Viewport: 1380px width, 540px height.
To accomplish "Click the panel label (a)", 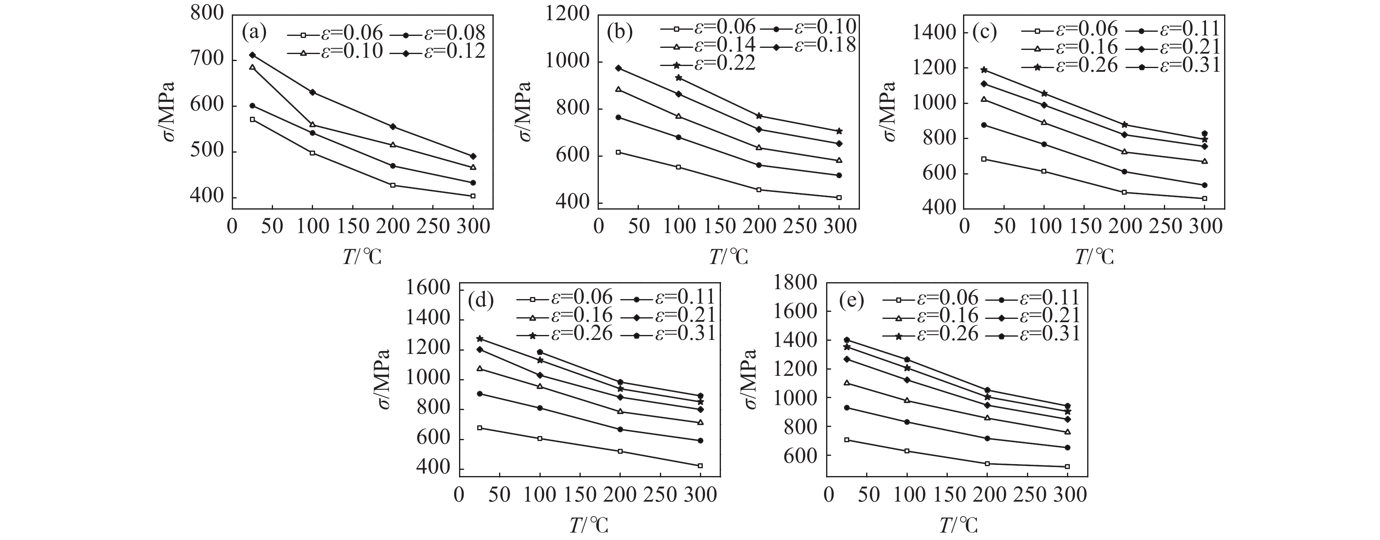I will [254, 33].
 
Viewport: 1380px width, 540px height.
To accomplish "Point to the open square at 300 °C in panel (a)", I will [473, 196].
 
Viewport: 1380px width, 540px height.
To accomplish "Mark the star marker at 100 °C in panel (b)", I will [679, 78].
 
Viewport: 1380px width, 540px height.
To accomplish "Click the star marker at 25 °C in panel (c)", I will [984, 70].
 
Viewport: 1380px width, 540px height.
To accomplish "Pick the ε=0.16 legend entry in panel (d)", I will [565, 316].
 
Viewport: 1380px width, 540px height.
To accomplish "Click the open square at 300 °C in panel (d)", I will [700, 465].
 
